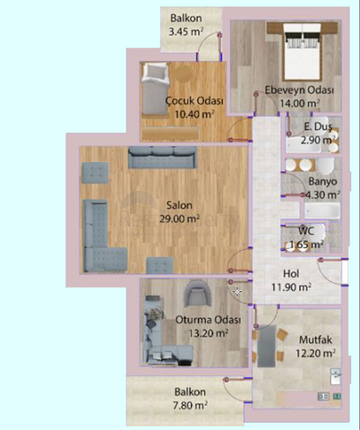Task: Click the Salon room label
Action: click(179, 205)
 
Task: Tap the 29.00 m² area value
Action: click(179, 219)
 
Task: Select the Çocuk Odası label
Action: click(194, 100)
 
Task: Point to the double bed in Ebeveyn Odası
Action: click(303, 51)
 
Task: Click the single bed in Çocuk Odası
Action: click(155, 89)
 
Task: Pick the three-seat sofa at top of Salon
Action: click(162, 158)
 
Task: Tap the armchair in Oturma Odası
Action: click(196, 293)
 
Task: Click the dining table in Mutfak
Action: click(267, 346)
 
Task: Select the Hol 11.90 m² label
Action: click(291, 280)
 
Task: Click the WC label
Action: click(306, 231)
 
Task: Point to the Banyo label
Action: click(322, 181)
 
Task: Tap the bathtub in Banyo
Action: click(322, 211)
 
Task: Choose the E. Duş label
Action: click(318, 126)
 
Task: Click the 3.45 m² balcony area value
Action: click(186, 31)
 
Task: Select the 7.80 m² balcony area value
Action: click(190, 405)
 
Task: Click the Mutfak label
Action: click(315, 340)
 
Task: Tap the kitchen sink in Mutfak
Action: click(336, 376)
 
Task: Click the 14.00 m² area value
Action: click(300, 103)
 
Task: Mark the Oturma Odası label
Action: click(208, 320)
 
